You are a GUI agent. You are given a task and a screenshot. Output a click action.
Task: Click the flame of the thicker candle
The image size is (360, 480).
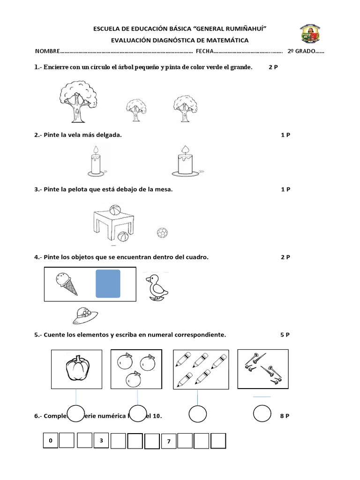tap(185, 149)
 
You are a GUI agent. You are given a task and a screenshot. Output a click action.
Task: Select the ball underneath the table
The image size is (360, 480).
tap(123, 237)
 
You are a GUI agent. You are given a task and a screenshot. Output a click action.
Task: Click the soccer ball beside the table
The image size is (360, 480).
tap(162, 232)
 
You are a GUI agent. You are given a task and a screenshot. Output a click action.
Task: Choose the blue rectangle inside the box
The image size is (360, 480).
tap(108, 284)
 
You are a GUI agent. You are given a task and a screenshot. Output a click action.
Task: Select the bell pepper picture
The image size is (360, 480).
tap(76, 369)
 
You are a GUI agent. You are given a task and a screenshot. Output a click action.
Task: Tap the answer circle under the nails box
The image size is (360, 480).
tap(262, 413)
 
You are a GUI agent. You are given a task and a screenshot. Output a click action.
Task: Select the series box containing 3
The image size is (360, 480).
tap(101, 441)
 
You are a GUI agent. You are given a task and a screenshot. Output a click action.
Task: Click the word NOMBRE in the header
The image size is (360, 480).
tap(47, 51)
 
